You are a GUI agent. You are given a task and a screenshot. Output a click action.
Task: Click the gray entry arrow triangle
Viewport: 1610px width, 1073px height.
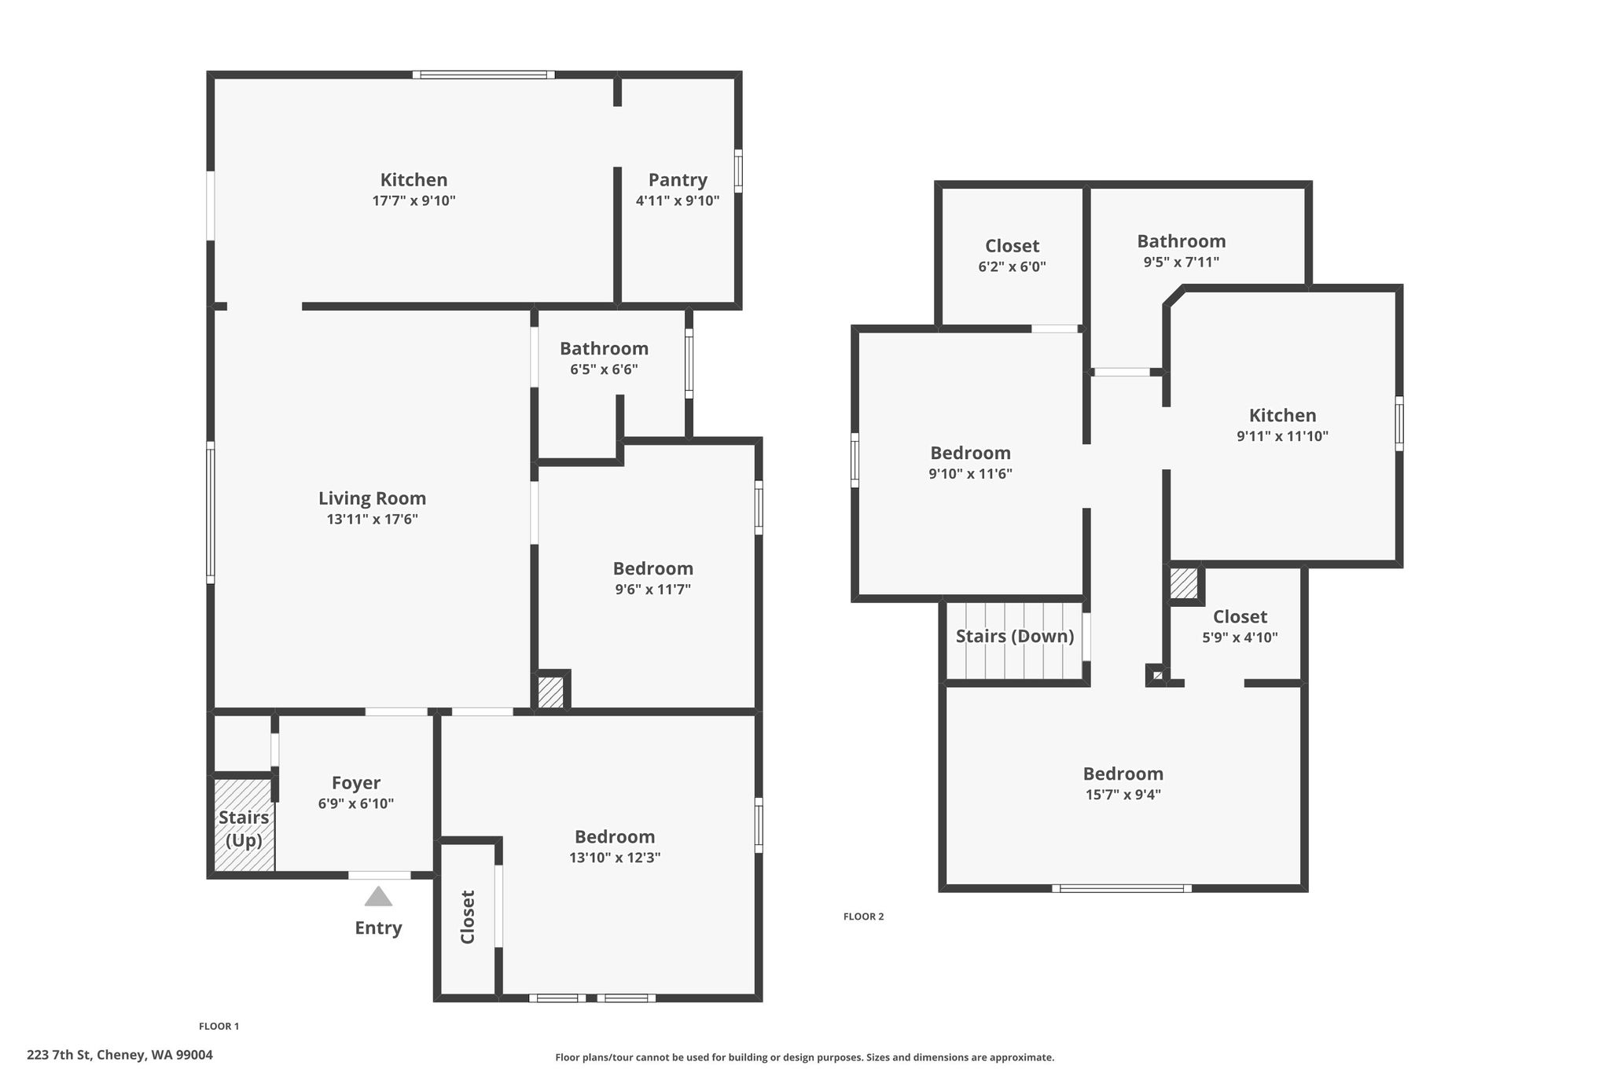click(x=378, y=897)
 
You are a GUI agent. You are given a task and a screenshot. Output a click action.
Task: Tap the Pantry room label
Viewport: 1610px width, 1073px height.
click(x=678, y=180)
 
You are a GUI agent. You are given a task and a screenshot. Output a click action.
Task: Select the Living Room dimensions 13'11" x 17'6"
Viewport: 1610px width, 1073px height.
click(x=372, y=519)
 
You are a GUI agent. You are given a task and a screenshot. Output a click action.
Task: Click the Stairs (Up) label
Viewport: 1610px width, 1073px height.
click(x=244, y=829)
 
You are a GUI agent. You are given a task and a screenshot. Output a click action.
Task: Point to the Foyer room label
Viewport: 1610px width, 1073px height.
click(x=356, y=783)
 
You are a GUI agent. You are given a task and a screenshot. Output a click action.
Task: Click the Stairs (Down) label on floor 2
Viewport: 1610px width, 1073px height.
click(x=1015, y=636)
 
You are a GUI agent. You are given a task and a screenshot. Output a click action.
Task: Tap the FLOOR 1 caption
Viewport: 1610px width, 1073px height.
click(x=219, y=1026)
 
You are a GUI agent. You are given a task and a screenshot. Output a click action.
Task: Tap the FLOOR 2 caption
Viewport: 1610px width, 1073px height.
click(x=864, y=916)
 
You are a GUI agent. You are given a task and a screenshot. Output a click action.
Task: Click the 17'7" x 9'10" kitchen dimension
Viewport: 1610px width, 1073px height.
click(x=414, y=200)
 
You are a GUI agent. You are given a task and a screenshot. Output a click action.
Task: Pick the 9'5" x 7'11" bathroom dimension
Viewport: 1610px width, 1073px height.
click(x=1182, y=262)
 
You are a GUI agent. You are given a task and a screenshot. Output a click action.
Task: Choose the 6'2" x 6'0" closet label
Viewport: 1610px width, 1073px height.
click(x=1012, y=266)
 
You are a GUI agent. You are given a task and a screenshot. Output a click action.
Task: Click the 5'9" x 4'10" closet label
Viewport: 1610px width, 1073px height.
click(x=1240, y=638)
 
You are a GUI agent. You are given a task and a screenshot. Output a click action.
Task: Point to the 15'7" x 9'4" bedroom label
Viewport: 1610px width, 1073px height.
click(x=1123, y=794)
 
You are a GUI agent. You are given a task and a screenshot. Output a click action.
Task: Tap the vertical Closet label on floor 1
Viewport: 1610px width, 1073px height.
click(x=468, y=917)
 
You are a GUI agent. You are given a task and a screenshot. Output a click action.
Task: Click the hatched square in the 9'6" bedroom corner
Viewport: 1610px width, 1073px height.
click(x=550, y=692)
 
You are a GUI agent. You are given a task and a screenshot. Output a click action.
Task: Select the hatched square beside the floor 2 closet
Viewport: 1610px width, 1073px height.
click(x=1183, y=583)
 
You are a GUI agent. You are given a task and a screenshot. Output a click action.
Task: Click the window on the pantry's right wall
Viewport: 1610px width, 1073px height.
click(x=738, y=171)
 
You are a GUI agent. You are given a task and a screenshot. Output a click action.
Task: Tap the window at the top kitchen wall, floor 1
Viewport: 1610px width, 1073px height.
click(x=483, y=75)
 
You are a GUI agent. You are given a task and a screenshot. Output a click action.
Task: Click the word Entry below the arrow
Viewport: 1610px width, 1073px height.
click(x=378, y=928)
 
